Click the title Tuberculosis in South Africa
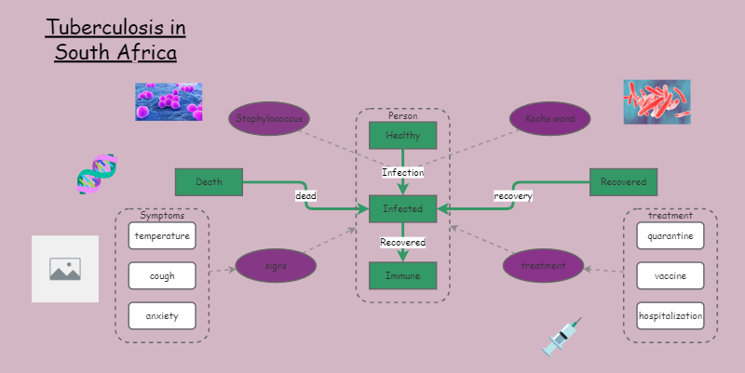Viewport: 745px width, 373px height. click(x=115, y=40)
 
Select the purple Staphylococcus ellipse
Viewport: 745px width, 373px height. click(x=269, y=119)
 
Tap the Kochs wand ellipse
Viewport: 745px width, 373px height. click(x=549, y=119)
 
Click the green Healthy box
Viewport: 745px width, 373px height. click(x=403, y=136)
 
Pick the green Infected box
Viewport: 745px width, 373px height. click(x=403, y=209)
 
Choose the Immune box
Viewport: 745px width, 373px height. click(x=403, y=276)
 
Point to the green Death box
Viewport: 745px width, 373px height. click(x=209, y=182)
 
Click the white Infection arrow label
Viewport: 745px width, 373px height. click(x=403, y=172)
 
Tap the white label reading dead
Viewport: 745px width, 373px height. click(x=306, y=196)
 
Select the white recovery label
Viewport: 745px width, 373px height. click(x=512, y=196)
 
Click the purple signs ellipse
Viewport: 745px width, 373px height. click(x=276, y=266)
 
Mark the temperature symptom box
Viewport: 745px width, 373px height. click(x=162, y=236)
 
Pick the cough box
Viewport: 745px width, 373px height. click(x=162, y=276)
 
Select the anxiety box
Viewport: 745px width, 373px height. click(x=162, y=316)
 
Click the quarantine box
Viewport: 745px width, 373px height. click(x=670, y=236)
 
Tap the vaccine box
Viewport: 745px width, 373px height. click(x=670, y=276)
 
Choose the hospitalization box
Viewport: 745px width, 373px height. click(x=670, y=316)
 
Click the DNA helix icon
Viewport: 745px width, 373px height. click(x=96, y=174)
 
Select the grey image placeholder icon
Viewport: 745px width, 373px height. click(x=65, y=269)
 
